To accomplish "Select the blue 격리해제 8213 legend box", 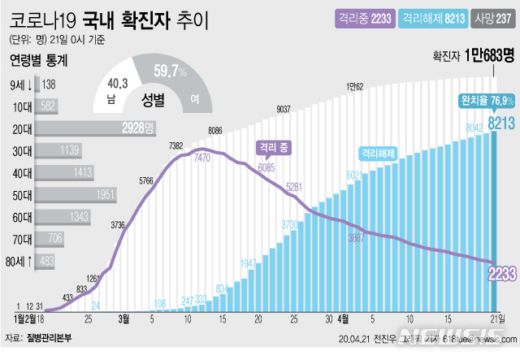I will pyautogui.click(x=435, y=15).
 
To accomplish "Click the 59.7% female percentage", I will pyautogui.click(x=170, y=72).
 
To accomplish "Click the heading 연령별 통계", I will pyautogui.click(x=39, y=60).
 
